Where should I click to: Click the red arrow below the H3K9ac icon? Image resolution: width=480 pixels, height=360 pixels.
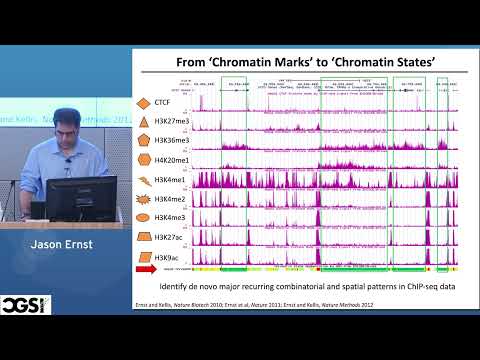(x=146, y=269)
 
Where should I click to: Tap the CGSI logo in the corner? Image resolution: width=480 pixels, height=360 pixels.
(x=24, y=304)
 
